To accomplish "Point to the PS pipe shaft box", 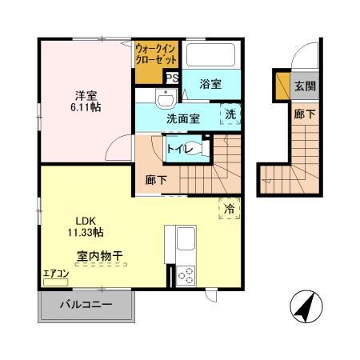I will point(171,78).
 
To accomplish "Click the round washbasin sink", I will point(165,101).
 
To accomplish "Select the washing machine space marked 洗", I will point(230,114).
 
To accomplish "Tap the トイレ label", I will point(177,147).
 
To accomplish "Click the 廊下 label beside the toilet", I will point(156,180).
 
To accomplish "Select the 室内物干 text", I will point(99,256).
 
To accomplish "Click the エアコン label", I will point(56,274).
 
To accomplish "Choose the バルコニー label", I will point(87,304).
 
